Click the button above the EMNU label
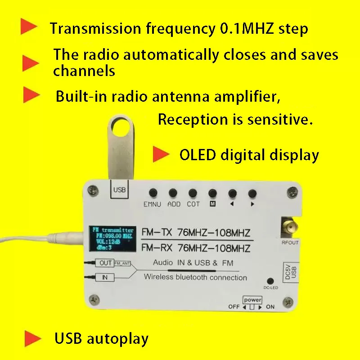pos(153,193)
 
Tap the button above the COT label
pos(193,193)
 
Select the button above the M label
pos(212,193)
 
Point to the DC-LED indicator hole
pos(270,280)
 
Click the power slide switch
pos(252,307)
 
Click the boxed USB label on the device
pos(120,190)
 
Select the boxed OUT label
pos(105,263)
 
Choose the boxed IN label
pos(105,278)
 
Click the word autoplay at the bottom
pos(119,339)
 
